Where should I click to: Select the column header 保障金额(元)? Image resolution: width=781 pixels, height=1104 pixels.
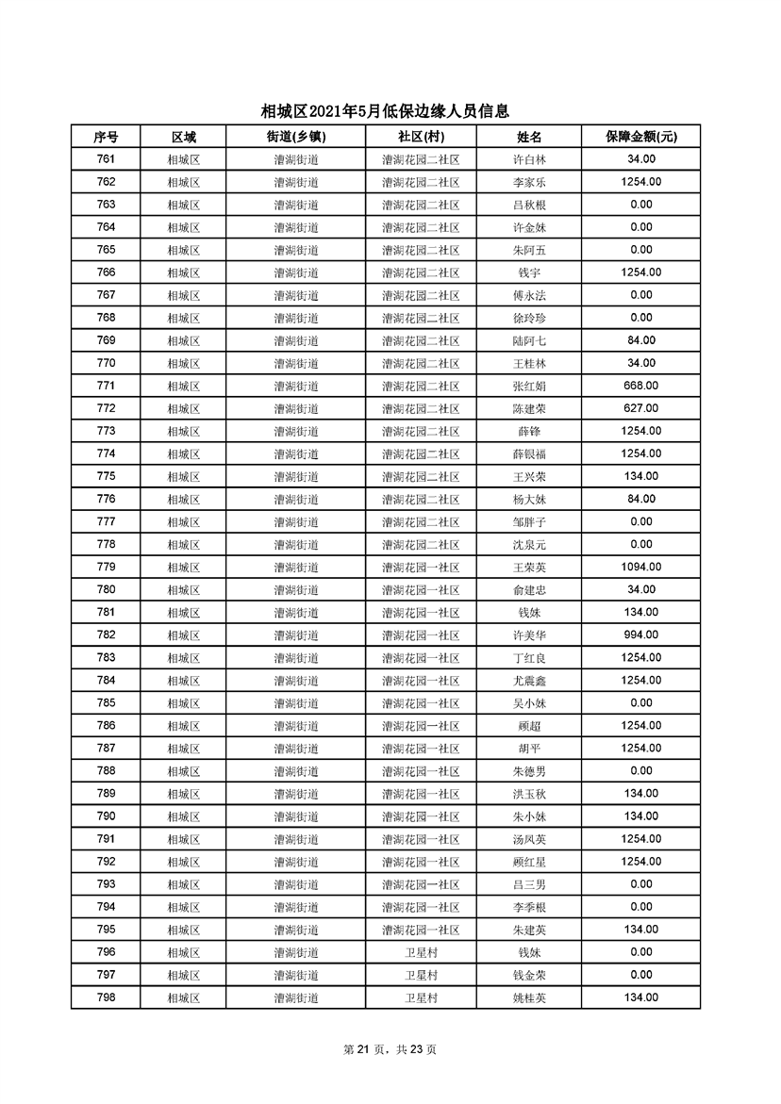pyautogui.click(x=640, y=137)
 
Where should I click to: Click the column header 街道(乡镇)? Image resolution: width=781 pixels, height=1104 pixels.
pyautogui.click(x=296, y=137)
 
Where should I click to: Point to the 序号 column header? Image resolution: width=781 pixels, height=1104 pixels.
pyautogui.click(x=106, y=137)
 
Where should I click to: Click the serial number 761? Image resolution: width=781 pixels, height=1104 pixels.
pyautogui.click(x=106, y=159)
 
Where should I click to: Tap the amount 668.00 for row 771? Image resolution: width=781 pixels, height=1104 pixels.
pyautogui.click(x=640, y=386)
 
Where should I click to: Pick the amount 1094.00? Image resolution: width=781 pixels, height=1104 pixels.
pyautogui.click(x=640, y=567)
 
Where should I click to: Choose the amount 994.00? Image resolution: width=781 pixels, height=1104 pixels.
pyautogui.click(x=640, y=634)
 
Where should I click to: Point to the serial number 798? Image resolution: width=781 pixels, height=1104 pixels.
pyautogui.click(x=106, y=997)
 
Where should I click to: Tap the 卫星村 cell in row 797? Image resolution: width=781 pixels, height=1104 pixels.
pyautogui.click(x=421, y=975)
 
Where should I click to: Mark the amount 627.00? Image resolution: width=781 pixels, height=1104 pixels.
pyautogui.click(x=640, y=408)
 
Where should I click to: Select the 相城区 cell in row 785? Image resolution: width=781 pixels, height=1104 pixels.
pyautogui.click(x=184, y=702)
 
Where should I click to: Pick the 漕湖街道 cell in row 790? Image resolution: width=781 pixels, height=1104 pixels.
pyautogui.click(x=296, y=816)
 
